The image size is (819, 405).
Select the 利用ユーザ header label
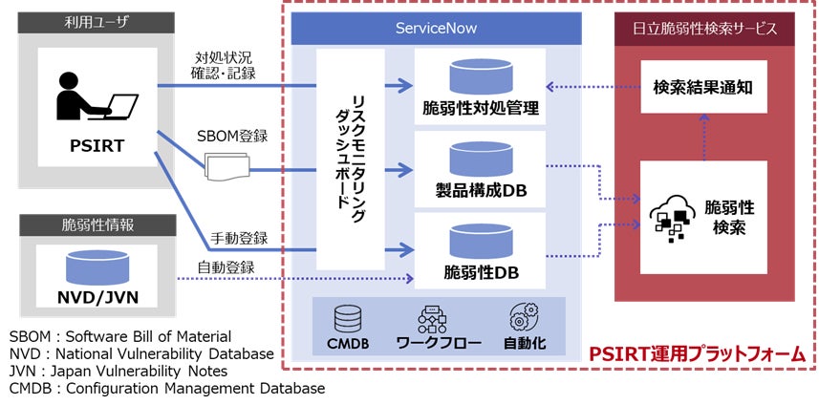[x=97, y=22]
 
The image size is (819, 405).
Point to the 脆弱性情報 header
[x=97, y=228]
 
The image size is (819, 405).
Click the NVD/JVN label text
[x=97, y=296]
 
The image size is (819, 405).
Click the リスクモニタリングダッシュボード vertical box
[x=351, y=159]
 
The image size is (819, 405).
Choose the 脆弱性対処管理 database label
[x=481, y=109]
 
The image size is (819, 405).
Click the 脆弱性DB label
[x=481, y=273]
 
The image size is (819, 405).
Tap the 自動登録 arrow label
[x=226, y=266]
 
